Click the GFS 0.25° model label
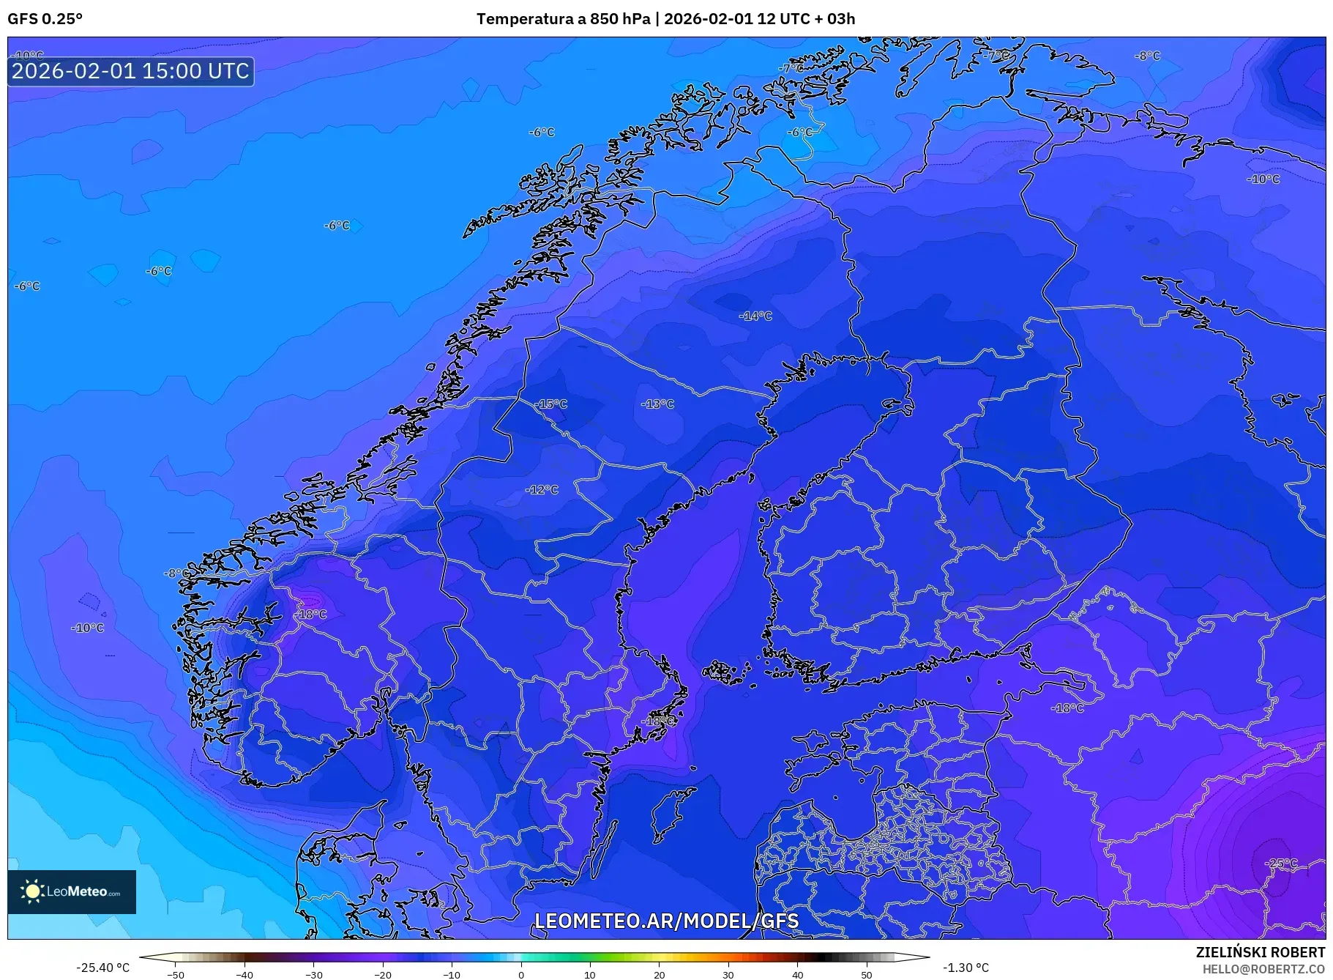coord(45,19)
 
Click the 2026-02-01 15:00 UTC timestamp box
coord(131,71)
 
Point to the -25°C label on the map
coord(1281,864)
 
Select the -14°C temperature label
coord(756,316)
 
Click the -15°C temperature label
coord(551,404)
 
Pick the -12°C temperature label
coord(542,490)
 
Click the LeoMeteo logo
coord(72,891)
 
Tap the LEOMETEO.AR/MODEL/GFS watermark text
coord(666,921)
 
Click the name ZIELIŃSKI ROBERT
coord(1260,952)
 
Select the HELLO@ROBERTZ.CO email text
coord(1263,969)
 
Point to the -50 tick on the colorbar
coord(176,975)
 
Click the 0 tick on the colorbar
coord(521,975)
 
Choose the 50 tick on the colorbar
coord(867,975)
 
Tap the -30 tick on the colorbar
coord(314,975)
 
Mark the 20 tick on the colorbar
coord(660,975)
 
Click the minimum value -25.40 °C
coord(102,968)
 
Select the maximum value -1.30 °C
coord(966,968)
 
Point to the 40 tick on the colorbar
coord(798,975)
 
